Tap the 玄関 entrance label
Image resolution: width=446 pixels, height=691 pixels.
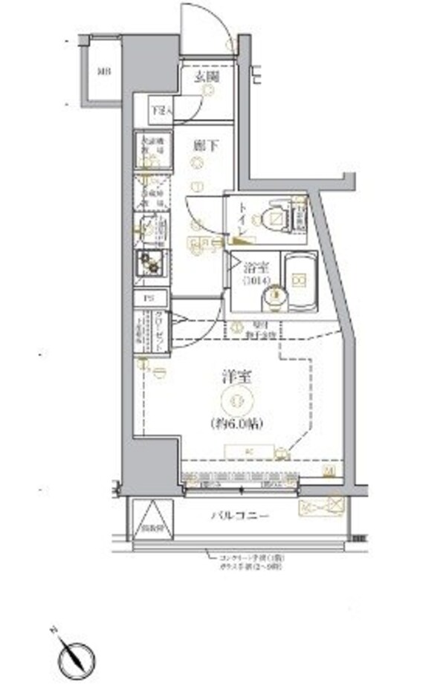[x=206, y=77]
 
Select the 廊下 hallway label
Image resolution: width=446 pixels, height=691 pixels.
[x=204, y=146]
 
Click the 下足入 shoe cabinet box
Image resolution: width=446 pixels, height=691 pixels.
[x=160, y=110]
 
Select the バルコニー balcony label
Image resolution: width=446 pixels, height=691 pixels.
[x=239, y=514]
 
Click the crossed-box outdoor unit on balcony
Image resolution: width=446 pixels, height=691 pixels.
[x=336, y=506]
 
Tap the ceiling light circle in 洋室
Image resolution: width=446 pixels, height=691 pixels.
[x=238, y=401]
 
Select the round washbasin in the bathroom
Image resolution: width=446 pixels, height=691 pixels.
[x=274, y=297]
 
